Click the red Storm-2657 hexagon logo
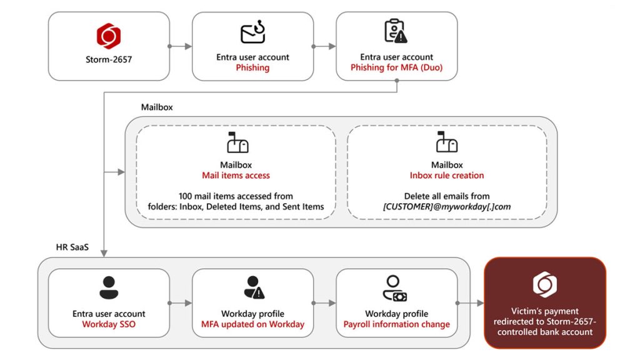[x=109, y=36]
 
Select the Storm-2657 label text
[x=109, y=60]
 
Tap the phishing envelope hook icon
[x=253, y=33]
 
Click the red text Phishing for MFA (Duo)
[x=396, y=67]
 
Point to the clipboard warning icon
[x=396, y=31]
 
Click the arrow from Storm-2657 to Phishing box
[x=181, y=46]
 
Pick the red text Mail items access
[x=236, y=176]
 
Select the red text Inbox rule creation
[x=447, y=176]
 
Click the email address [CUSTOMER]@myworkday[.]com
[x=447, y=207]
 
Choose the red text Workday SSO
[x=109, y=324]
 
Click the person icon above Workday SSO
[x=109, y=287]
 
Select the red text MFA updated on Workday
[x=252, y=324]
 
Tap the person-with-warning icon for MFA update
[x=254, y=287]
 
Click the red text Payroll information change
[x=396, y=324]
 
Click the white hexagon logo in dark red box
[x=544, y=284]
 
